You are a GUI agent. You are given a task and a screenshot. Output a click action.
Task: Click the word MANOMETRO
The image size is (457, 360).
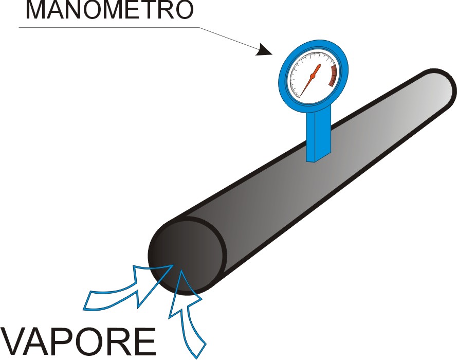point(109,10)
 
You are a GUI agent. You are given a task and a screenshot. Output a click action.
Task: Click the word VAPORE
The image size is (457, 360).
point(78,341)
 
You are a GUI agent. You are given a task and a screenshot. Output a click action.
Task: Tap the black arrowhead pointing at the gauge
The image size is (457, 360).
point(264,49)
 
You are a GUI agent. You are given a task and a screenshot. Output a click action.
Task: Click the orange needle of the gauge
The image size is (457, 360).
point(310,80)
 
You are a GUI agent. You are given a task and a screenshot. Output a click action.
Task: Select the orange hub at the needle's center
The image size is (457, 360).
point(313,76)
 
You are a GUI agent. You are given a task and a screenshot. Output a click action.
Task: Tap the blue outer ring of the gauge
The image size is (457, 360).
point(313,44)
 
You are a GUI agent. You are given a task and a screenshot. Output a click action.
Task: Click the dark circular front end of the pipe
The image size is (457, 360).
point(187,257)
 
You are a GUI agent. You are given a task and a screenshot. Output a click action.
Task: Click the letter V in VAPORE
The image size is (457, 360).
point(14,341)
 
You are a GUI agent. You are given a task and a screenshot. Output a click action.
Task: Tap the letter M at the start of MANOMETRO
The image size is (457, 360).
point(36,10)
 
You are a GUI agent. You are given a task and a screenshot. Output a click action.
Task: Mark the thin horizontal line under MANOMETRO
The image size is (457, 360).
point(109,28)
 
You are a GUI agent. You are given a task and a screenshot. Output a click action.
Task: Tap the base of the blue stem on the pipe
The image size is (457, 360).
point(318,157)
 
